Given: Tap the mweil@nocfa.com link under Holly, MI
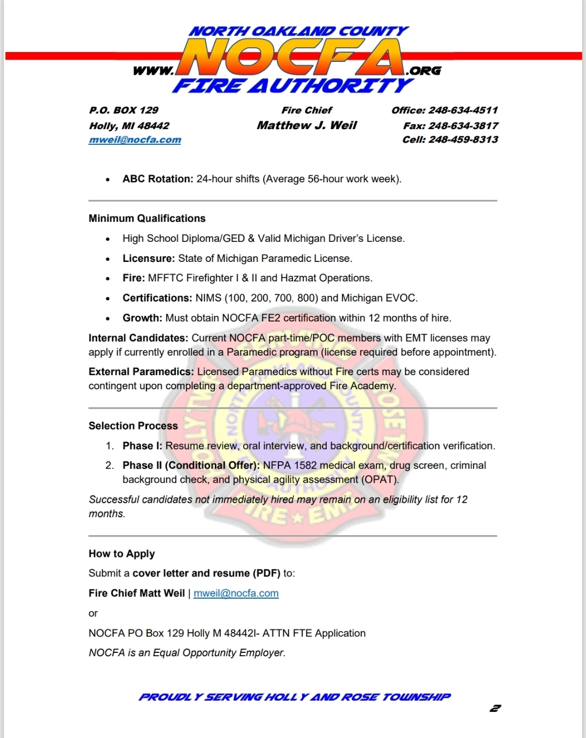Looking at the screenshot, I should pyautogui.click(x=135, y=140).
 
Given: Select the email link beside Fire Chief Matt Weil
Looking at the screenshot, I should pyautogui.click(x=236, y=593).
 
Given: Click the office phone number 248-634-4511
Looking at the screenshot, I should pyautogui.click(x=463, y=110).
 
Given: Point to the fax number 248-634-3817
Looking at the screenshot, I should pyautogui.click(x=463, y=125).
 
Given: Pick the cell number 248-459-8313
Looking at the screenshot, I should pyautogui.click(x=463, y=139).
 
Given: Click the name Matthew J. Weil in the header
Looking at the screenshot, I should pyautogui.click(x=307, y=125).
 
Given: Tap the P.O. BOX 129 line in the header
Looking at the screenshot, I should pyautogui.click(x=124, y=110).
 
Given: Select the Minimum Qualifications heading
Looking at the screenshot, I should pyautogui.click(x=147, y=219).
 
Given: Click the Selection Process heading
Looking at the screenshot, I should pyautogui.click(x=133, y=426).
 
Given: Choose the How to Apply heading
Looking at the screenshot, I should pyautogui.click(x=122, y=554).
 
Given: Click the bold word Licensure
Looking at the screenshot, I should pyautogui.click(x=148, y=259).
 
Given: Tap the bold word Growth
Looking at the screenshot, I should pyautogui.click(x=142, y=318).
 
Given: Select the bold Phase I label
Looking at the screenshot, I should pyautogui.click(x=142, y=446).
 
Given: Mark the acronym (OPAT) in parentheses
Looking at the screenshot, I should pyautogui.click(x=381, y=479).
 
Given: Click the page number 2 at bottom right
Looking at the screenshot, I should pyautogui.click(x=495, y=708).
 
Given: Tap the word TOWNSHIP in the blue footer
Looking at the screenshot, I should pyautogui.click(x=416, y=697).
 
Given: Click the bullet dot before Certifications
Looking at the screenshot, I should pyautogui.click(x=108, y=299).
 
